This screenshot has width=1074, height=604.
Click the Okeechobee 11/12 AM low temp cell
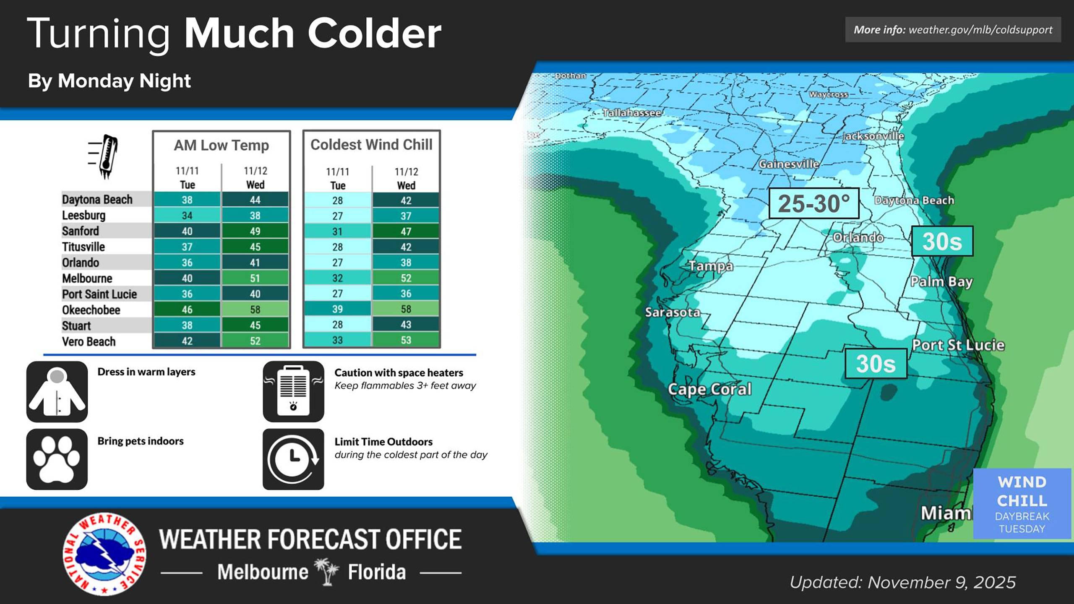[255, 310]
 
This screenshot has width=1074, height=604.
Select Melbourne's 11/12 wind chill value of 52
[406, 278]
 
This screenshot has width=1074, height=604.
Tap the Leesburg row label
[84, 215]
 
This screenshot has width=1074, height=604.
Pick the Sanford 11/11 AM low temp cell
[187, 231]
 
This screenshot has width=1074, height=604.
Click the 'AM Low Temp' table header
[221, 145]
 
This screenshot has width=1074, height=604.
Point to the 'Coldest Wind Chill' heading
[371, 144]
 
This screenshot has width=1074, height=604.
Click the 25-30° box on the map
[813, 203]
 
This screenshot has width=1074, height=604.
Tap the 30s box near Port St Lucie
[876, 363]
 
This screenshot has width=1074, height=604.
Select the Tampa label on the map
[711, 266]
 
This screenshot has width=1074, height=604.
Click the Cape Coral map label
[709, 389]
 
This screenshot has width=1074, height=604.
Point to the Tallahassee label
[632, 113]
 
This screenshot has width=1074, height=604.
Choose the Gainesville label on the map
[789, 164]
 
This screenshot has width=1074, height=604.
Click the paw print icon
[57, 459]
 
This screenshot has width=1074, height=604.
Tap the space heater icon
[293, 391]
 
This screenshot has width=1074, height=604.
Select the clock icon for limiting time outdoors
[293, 459]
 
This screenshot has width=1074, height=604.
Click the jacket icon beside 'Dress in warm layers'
[57, 391]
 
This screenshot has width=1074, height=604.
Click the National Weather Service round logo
[104, 554]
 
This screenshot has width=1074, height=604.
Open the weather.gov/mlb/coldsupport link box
[953, 30]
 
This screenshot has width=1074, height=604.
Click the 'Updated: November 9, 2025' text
[902, 582]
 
